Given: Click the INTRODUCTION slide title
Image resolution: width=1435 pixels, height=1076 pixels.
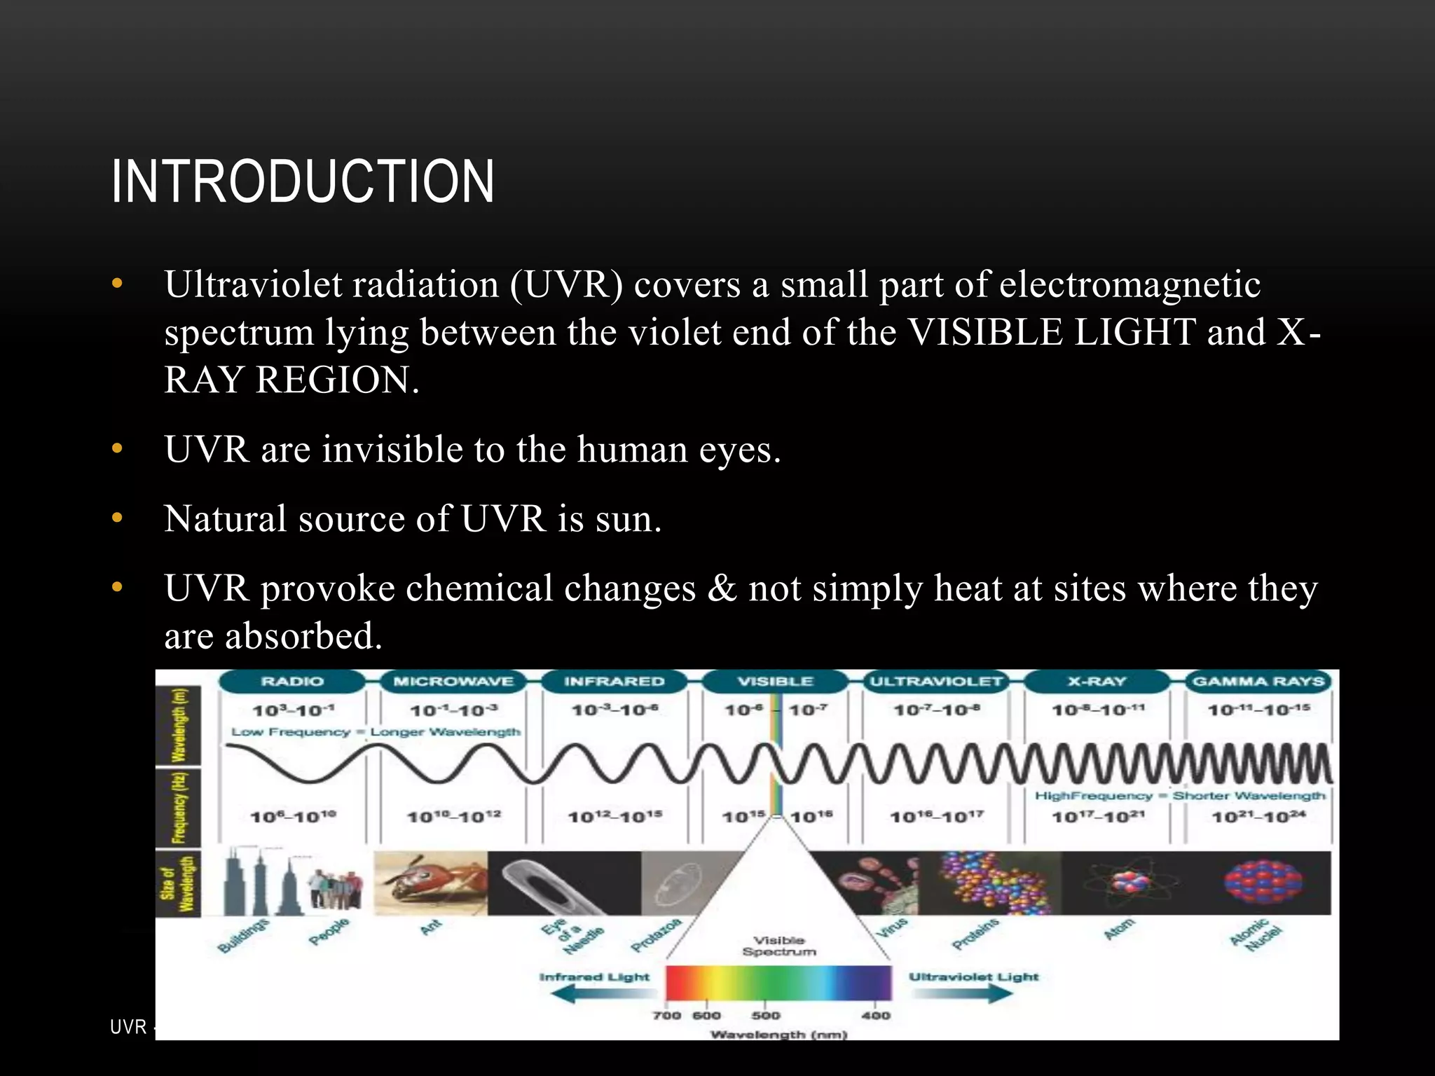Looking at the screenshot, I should [x=303, y=181].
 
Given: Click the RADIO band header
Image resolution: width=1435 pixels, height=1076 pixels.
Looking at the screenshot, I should [x=292, y=682].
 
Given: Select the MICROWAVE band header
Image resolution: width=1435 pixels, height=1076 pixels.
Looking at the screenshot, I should [x=453, y=682].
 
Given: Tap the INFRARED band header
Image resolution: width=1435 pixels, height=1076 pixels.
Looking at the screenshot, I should [x=614, y=682].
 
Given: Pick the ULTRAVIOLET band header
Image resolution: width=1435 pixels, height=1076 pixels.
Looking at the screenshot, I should [x=936, y=682].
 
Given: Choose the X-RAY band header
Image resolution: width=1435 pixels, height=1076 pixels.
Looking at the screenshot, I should [x=1097, y=682].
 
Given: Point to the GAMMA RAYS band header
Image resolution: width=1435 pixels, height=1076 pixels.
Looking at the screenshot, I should [x=1258, y=682].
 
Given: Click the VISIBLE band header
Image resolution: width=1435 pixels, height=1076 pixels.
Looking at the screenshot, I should [x=775, y=682].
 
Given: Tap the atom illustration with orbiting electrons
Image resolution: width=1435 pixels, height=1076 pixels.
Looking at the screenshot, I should [x=1129, y=883].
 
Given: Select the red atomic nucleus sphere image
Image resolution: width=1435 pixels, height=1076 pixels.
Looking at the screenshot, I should [x=1263, y=881].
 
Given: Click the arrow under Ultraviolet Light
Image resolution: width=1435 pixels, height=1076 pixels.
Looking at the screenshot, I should [x=974, y=993].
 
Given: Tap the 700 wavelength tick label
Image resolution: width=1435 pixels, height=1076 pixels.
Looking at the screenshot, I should [x=666, y=1015].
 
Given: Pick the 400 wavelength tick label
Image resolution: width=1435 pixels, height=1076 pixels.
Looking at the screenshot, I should [x=876, y=1015].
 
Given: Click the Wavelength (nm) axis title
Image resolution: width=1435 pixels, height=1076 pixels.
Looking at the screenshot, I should [x=778, y=1034].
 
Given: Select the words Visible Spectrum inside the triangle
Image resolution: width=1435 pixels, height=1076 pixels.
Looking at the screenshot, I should [x=779, y=946].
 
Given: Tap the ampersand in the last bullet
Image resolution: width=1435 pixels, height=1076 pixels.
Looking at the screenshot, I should [x=722, y=588].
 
